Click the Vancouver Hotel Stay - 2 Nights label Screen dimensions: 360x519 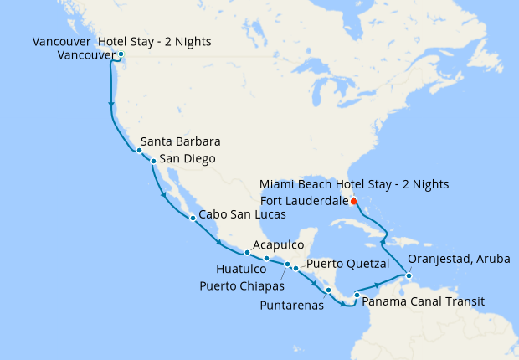[x=121, y=41]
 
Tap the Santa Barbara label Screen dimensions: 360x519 [x=180, y=141]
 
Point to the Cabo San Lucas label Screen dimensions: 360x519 [x=243, y=215]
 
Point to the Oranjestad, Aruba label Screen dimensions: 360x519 [x=458, y=260]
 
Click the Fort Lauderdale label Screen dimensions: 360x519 [x=304, y=200]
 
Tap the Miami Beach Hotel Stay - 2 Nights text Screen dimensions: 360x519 [x=354, y=183]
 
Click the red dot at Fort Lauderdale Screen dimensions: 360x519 [x=354, y=201]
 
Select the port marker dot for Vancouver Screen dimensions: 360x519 [x=121, y=55]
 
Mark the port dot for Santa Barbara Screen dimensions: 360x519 [x=139, y=151]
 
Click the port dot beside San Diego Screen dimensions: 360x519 [x=153, y=160]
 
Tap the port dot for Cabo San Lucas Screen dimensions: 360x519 [x=193, y=218]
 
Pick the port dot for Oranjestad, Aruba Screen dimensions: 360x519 [x=408, y=275]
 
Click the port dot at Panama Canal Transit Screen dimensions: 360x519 [x=357, y=295]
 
